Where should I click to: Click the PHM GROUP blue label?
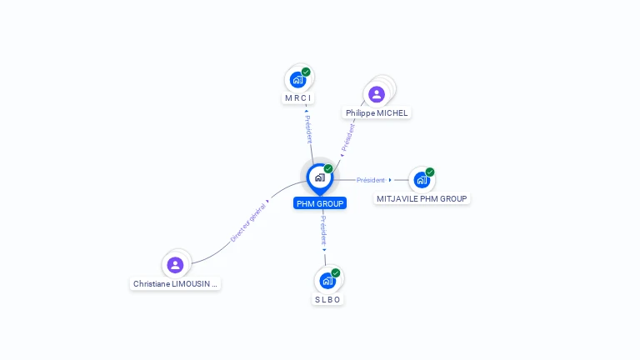click(x=320, y=203)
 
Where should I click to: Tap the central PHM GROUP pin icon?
click(x=319, y=177)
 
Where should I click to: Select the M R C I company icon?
click(x=297, y=80)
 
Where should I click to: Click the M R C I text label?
click(x=297, y=98)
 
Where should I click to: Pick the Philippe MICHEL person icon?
click(x=377, y=94)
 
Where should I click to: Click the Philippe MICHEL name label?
click(x=377, y=112)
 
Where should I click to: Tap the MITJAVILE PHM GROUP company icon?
click(x=422, y=180)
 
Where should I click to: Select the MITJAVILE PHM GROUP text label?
click(x=422, y=198)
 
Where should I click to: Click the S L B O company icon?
click(x=327, y=281)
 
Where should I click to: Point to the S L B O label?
click(x=327, y=299)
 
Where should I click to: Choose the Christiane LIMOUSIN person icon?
click(x=175, y=265)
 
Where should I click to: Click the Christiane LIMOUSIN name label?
click(x=175, y=283)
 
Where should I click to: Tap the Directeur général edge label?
click(x=248, y=222)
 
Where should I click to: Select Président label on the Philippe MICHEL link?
click(x=348, y=137)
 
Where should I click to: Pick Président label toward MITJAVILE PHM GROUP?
click(x=371, y=180)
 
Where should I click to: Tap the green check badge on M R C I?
click(x=306, y=72)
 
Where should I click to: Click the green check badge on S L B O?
click(x=336, y=273)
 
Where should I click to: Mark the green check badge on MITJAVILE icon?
click(x=430, y=172)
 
